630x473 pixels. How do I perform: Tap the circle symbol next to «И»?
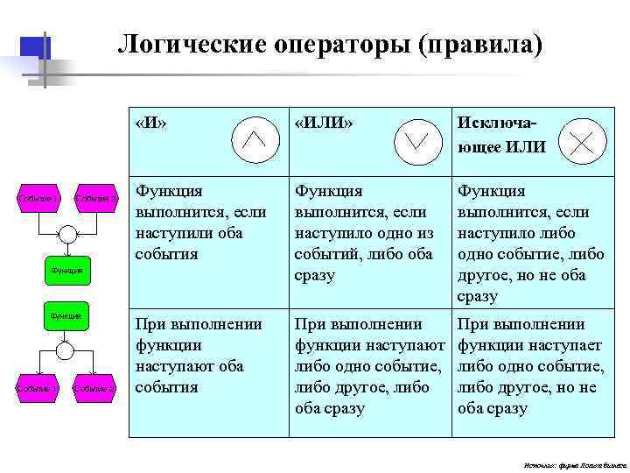coord(254,138)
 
